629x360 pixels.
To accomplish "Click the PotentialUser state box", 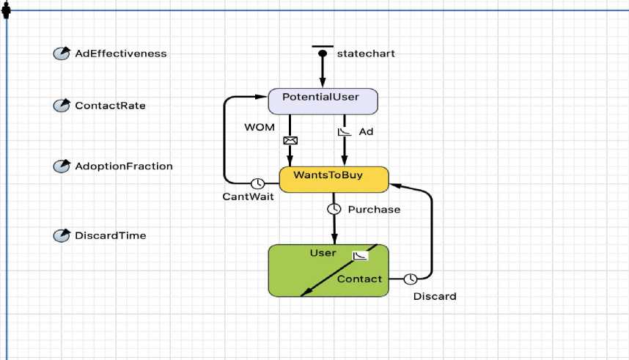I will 323,101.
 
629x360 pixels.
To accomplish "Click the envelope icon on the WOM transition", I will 290,140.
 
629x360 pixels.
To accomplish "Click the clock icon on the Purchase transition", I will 334,209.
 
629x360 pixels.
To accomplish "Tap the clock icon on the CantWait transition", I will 257,183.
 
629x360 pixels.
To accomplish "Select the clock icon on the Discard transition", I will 411,279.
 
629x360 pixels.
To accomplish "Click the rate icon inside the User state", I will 360,256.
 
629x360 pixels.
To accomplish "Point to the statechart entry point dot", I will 322,53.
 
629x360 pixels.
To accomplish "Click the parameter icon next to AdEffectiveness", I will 62,54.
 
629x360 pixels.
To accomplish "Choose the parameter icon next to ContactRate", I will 62,106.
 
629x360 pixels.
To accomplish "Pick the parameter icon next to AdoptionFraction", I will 62,166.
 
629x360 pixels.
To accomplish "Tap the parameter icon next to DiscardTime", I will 62,235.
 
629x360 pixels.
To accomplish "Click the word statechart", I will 366,54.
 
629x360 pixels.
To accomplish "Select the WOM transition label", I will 260,128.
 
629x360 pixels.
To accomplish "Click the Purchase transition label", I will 374,210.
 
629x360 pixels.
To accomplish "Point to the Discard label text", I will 435,297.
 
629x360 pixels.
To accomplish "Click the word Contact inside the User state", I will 359,279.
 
